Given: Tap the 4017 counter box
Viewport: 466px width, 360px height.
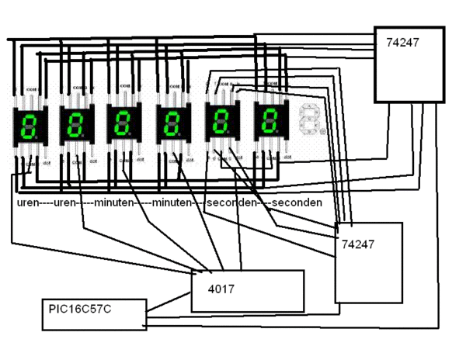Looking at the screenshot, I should point(247,291).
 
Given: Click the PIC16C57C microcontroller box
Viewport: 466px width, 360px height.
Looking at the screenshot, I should point(93,314).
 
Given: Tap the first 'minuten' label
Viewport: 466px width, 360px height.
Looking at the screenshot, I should point(113,202).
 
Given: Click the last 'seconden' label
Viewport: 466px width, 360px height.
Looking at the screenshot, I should point(296,202).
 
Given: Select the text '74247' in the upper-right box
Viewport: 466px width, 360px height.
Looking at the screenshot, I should point(402,43).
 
